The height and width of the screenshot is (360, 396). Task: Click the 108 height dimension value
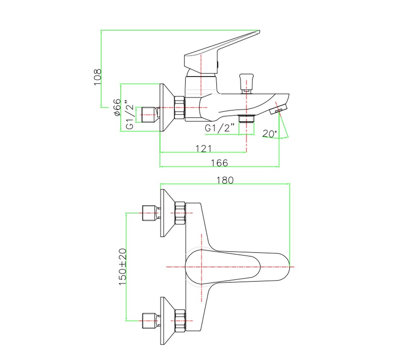point(98,77)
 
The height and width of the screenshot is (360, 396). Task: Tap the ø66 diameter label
point(117,108)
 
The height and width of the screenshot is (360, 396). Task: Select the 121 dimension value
point(203,148)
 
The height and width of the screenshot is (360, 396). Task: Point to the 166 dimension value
point(219,163)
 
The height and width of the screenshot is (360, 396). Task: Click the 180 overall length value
point(225,180)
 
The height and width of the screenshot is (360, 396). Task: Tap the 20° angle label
point(270,134)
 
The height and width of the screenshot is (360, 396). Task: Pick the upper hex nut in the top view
point(180,213)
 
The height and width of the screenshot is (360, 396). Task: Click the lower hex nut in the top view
point(180,321)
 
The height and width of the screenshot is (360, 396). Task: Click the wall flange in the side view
point(167,108)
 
